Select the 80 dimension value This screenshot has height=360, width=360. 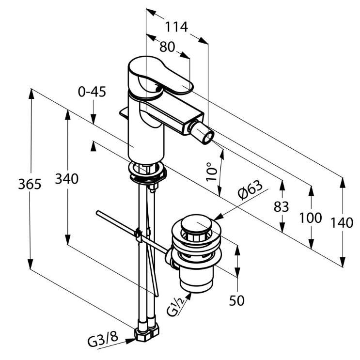(167, 47)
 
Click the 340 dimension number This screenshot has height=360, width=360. (66, 179)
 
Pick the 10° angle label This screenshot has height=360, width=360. (210, 172)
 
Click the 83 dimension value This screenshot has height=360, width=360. (281, 206)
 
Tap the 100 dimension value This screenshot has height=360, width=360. (310, 218)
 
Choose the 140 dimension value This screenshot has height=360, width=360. (342, 223)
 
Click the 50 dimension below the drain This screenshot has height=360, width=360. (237, 300)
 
